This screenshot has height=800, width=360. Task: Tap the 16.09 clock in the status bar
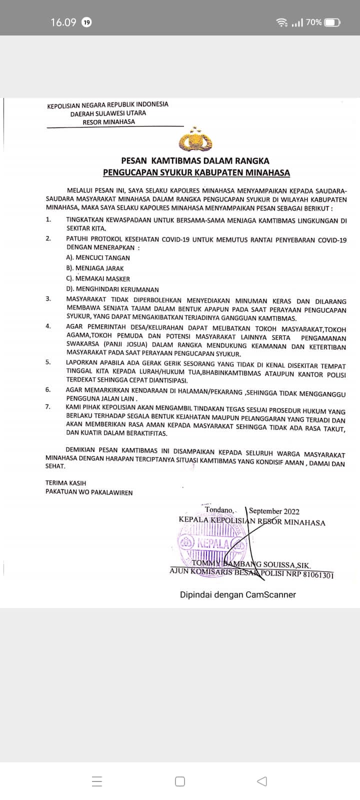pos(63,22)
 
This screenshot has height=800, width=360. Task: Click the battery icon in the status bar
pos(332,22)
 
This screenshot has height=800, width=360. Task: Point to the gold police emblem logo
pos(195,140)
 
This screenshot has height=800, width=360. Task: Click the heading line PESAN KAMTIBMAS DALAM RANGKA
pos(195,161)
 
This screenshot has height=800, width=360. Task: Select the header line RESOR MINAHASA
pos(108,121)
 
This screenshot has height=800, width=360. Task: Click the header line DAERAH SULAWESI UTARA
pos(108,113)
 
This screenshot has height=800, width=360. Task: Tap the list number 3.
pos(48,299)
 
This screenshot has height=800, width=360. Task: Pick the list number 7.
pos(48,406)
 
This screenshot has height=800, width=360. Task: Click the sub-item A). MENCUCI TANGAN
pos(98,258)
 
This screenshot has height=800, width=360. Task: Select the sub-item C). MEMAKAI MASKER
pos(98,279)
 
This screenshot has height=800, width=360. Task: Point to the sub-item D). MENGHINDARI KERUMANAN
pos(112,289)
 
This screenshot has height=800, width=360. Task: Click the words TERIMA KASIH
pos(65,483)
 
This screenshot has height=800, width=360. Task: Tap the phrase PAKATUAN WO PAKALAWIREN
pos(89,492)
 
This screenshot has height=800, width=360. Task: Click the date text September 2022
pos(274,511)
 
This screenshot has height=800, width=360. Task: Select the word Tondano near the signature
pos(218,510)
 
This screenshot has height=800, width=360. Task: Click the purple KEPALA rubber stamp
pos(212,543)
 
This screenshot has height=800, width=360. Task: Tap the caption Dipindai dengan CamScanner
pos(238,594)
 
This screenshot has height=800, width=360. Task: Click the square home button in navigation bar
pos(180,781)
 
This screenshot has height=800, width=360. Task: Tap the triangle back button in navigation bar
pos(261,781)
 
